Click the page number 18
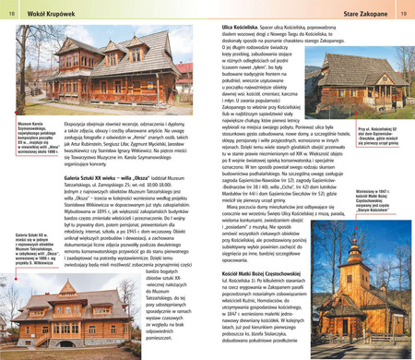tap(10, 14)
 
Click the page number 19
tap(403, 14)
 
